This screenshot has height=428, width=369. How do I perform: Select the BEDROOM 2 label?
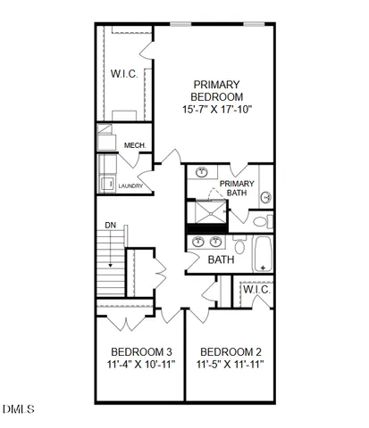pos(231,351)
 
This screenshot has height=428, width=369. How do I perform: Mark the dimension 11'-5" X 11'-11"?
pos(231,366)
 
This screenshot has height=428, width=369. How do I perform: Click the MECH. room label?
pos(135,146)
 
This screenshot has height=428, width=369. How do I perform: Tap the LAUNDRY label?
pos(130,185)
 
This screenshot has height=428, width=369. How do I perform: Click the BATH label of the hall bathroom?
pos(221,260)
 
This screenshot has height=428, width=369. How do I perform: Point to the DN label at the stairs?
pos(110,226)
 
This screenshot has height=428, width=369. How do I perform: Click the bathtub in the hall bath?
pos(263,253)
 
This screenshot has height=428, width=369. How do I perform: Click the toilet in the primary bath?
pos(259,220)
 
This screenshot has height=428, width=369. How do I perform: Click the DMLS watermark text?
pos(18,409)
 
